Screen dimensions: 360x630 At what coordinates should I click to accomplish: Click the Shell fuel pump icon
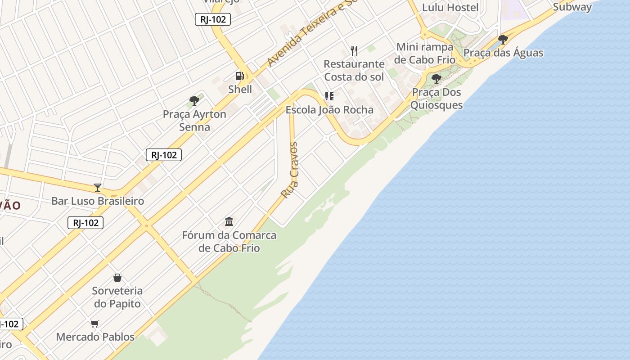(x=240, y=76)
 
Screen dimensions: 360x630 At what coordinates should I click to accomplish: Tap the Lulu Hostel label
(x=450, y=8)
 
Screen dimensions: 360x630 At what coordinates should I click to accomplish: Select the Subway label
(x=572, y=7)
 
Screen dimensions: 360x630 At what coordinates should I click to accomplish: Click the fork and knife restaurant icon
(x=354, y=50)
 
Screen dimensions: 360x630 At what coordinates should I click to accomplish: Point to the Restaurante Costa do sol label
(x=354, y=71)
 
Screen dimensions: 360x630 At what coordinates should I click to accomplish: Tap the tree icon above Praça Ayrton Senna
(x=194, y=101)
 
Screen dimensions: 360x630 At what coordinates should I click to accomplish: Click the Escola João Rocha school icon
(x=329, y=96)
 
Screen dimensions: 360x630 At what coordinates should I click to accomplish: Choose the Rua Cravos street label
(x=290, y=171)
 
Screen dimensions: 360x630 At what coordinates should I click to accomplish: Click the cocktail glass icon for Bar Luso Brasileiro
(x=98, y=188)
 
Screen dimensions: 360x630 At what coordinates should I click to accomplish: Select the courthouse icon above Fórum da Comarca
(x=229, y=221)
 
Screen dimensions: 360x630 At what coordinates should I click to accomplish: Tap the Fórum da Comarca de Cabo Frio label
(x=229, y=242)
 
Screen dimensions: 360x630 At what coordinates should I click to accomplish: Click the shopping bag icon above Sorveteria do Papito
(x=117, y=278)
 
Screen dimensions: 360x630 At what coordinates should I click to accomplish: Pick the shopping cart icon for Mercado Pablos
(x=95, y=324)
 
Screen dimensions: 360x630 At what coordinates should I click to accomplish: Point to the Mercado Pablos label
(x=95, y=337)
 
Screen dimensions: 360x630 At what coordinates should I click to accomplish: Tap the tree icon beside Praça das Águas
(x=503, y=40)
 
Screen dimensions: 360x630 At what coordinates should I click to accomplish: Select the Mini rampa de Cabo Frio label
(x=424, y=54)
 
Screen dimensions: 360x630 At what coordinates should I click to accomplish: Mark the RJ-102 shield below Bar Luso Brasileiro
(x=85, y=223)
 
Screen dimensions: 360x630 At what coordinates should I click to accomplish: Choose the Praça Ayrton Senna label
(x=194, y=121)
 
